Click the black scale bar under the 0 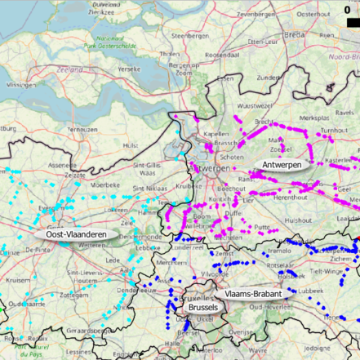(346, 22)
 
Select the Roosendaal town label (220, 54)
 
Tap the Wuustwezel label (252, 106)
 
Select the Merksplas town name (314, 118)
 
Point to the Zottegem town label (73, 295)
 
